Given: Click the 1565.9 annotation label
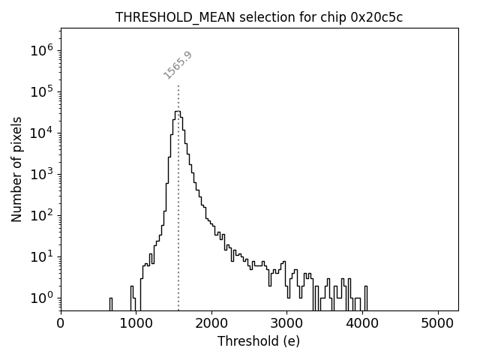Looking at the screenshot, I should click(x=178, y=65).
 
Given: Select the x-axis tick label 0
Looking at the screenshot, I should click(x=61, y=323).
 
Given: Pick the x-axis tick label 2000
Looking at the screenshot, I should click(x=212, y=323).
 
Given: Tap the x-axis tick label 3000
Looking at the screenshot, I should click(x=287, y=323).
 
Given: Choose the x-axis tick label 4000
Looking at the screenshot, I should click(x=363, y=323).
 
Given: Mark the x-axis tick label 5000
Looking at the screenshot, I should click(x=439, y=323).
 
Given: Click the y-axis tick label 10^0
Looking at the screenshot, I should click(x=42, y=298).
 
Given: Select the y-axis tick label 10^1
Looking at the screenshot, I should click(x=42, y=256).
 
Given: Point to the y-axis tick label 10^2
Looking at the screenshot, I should click(x=42, y=215).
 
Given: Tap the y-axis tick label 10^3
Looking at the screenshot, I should click(x=42, y=174).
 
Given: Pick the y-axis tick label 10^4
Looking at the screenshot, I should click(x=42, y=133).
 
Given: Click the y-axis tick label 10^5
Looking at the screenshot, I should click(x=42, y=91).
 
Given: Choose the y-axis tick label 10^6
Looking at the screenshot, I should click(x=42, y=50).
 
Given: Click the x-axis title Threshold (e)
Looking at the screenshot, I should click(x=259, y=341).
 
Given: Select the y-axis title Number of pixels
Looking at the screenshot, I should click(x=16, y=169).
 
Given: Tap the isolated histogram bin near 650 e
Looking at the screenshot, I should click(x=110, y=304).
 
